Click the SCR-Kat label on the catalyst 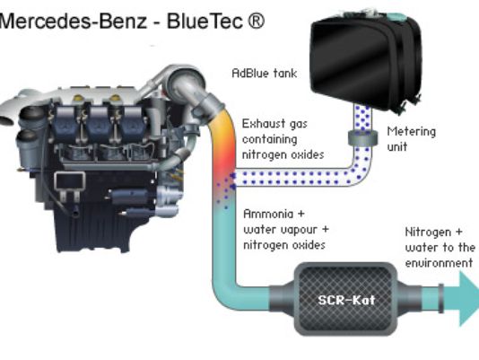346,300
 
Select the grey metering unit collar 362,137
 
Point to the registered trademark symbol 255,22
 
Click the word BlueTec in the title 205,22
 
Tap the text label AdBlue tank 265,73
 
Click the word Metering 411,132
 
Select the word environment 439,263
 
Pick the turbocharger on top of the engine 187,81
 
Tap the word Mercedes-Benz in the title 74,22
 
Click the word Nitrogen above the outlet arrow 428,233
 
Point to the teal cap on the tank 397,17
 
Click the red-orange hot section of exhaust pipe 224,159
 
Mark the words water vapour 280,230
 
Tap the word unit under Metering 397,147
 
